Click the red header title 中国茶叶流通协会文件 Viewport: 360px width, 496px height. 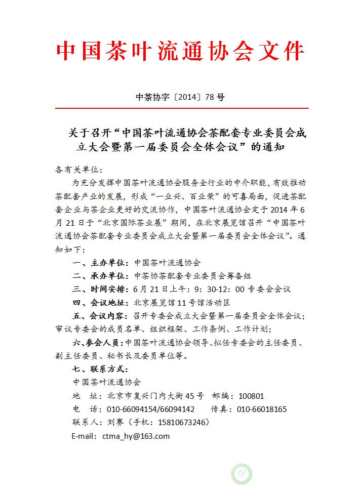[x=180, y=52]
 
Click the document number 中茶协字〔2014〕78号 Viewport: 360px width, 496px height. [x=180, y=98]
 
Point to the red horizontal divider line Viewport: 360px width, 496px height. [x=180, y=108]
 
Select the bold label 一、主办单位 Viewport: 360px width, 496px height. [x=100, y=263]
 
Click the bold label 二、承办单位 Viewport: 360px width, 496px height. [x=100, y=276]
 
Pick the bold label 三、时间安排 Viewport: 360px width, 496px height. [x=100, y=289]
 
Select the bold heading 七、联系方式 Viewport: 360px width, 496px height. [x=100, y=369]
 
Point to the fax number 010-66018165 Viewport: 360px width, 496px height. [x=262, y=409]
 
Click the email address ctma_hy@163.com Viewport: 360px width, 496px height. [x=136, y=436]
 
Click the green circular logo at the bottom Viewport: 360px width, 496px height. [x=242, y=474]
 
